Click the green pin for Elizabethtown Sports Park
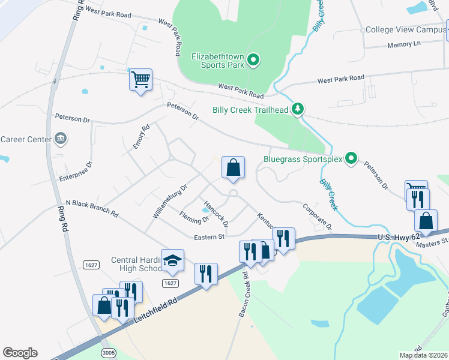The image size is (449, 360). click(x=253, y=59)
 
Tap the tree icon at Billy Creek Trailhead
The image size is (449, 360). click(x=297, y=109)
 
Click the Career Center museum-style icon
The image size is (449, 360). click(x=59, y=139)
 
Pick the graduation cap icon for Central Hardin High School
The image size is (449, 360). click(x=172, y=259)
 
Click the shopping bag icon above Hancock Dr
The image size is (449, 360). click(x=234, y=167)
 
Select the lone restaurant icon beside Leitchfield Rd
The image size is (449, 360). click(x=206, y=274)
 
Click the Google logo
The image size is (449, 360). click(x=20, y=353)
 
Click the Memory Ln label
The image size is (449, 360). click(x=405, y=43)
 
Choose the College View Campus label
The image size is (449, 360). click(x=405, y=29)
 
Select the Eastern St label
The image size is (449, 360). click(x=209, y=237)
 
